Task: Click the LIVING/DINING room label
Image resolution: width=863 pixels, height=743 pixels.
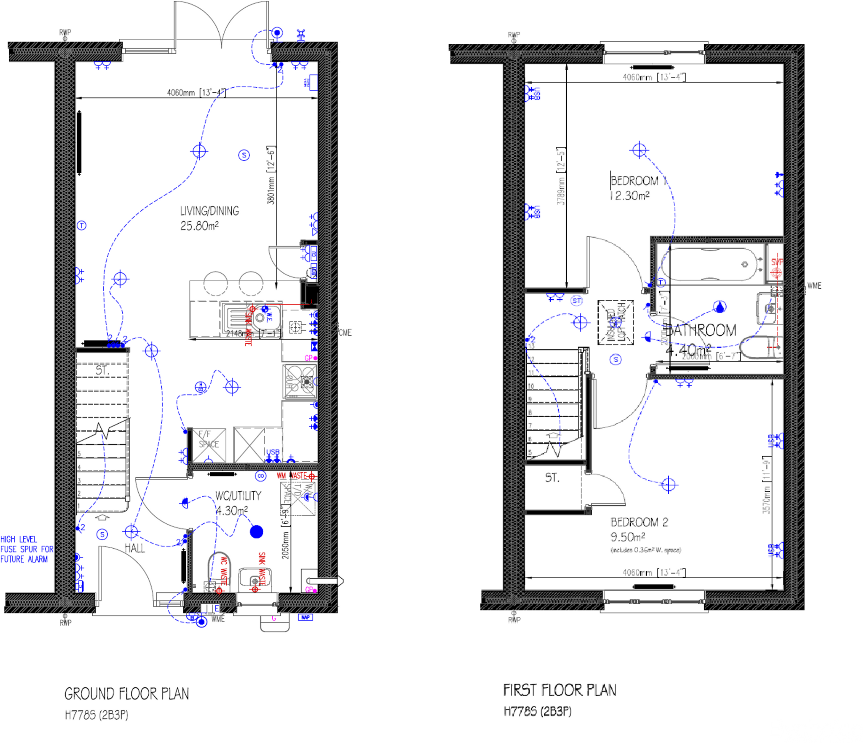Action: click(209, 211)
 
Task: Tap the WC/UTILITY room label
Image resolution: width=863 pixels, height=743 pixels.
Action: click(238, 496)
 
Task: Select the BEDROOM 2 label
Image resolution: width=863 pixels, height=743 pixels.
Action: click(639, 522)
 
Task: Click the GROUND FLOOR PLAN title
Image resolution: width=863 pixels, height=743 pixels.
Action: click(126, 694)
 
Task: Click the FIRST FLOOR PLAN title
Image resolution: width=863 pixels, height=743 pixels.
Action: click(559, 690)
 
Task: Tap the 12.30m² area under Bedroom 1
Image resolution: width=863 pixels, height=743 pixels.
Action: click(629, 196)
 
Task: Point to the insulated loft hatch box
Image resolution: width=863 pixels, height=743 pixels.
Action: click(615, 323)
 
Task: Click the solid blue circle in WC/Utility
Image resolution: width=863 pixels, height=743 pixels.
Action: click(256, 532)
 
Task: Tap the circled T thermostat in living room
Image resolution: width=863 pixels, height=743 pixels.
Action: click(81, 226)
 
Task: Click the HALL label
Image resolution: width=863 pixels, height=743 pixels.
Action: click(134, 548)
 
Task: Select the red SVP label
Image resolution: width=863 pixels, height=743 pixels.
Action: click(777, 262)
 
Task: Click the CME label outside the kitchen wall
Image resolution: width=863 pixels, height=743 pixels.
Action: click(345, 333)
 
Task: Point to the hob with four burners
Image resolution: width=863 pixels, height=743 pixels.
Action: click(300, 382)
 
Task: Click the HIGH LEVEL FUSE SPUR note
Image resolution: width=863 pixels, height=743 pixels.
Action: click(26, 549)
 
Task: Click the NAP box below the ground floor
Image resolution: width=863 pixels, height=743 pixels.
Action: click(305, 617)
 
